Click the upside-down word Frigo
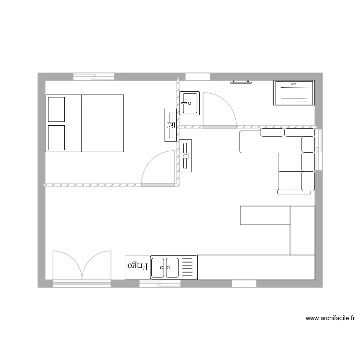coord(137,266)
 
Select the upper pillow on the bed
coord(56,109)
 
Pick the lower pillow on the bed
coord(56,138)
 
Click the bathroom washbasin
coord(190,103)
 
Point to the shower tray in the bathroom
coord(294,93)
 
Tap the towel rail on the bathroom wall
coord(241,82)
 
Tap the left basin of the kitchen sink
coord(158,267)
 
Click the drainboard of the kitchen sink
coord(188,267)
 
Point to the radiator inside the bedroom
coord(170,125)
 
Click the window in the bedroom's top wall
coord(94,76)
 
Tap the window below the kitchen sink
coord(160,284)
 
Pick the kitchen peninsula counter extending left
coord(265,215)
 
